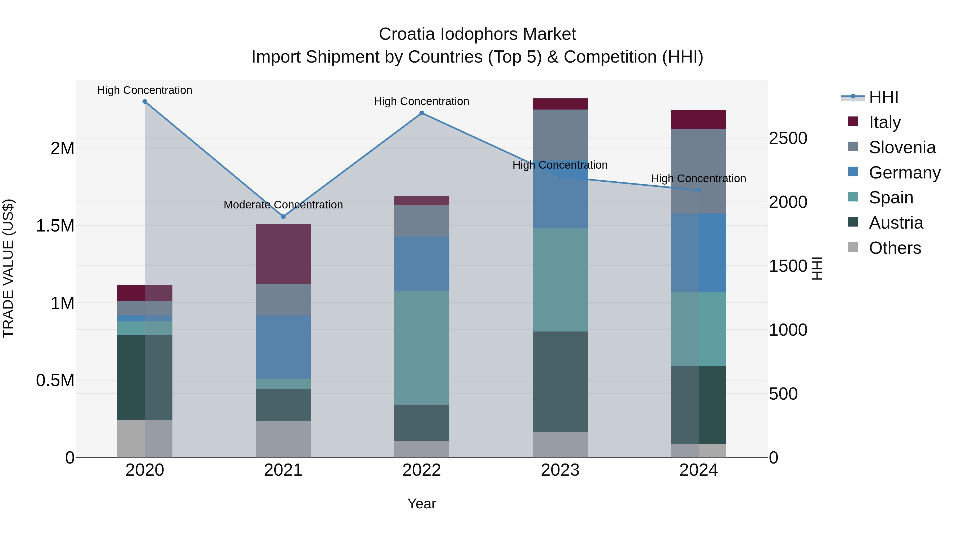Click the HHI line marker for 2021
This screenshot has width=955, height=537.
(x=283, y=216)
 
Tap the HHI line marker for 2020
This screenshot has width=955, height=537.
(x=145, y=102)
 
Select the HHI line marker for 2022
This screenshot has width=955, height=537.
(x=422, y=113)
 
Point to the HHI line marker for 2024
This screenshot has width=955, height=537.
(x=698, y=190)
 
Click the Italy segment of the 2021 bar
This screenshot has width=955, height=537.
(x=283, y=254)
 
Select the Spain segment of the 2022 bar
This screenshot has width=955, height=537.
(x=422, y=348)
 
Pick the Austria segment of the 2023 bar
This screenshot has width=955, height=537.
(x=560, y=382)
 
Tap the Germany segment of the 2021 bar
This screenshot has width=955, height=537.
(x=283, y=347)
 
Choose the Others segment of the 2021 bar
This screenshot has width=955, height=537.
(x=283, y=439)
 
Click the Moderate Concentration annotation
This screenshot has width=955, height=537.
(x=283, y=204)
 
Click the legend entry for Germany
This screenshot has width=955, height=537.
(x=905, y=173)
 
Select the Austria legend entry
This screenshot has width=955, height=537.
(x=896, y=223)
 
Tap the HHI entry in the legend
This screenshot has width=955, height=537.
(x=883, y=97)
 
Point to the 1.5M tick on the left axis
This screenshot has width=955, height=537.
(x=55, y=226)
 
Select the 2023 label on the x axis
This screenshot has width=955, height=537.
(x=560, y=470)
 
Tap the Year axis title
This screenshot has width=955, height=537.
(x=422, y=504)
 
